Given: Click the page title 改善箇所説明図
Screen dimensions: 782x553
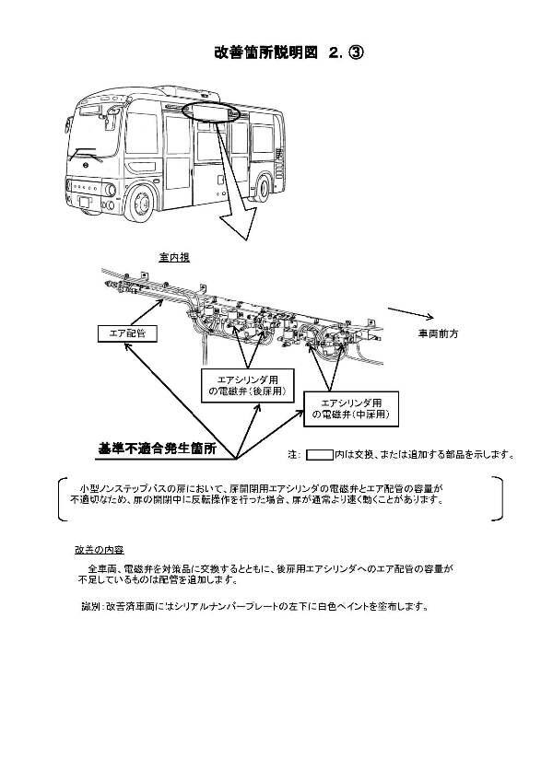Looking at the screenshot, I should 262,53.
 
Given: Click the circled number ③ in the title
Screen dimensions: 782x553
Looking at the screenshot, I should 355,53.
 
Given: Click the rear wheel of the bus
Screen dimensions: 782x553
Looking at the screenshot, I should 265,182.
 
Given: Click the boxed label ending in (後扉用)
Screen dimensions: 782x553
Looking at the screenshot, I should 248,385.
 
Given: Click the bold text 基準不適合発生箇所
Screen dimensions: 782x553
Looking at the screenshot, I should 158,449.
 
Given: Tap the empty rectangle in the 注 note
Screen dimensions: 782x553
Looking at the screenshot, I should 320,454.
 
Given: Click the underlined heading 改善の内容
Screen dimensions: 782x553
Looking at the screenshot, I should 95,549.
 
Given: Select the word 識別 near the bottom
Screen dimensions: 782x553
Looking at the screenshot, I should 90,607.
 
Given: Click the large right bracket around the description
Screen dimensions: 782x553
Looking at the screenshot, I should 499,499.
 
